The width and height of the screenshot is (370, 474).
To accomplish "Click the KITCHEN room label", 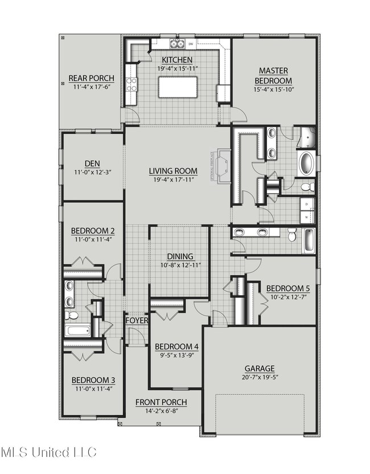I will tap(176, 60).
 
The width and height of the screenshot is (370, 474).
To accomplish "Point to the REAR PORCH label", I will tap(91, 79).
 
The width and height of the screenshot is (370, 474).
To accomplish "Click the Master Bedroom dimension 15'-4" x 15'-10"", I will tap(273, 90).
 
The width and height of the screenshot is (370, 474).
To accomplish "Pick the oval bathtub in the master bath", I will tap(306, 163).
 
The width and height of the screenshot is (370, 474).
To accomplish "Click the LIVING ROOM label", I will tap(173, 171).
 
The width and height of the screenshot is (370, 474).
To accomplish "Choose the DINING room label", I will tap(180, 256).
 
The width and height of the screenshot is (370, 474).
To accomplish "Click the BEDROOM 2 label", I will tap(93, 231).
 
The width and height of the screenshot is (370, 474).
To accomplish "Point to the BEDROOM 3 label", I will tap(93, 381).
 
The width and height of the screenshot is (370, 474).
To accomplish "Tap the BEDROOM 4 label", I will tap(176, 346).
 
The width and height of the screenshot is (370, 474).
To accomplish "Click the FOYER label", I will tap(137, 320).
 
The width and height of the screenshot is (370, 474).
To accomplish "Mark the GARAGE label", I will tap(260, 369).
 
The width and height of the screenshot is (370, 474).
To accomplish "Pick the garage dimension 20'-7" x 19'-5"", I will tap(260, 377).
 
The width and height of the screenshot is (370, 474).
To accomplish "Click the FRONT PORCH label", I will tap(161, 403).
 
